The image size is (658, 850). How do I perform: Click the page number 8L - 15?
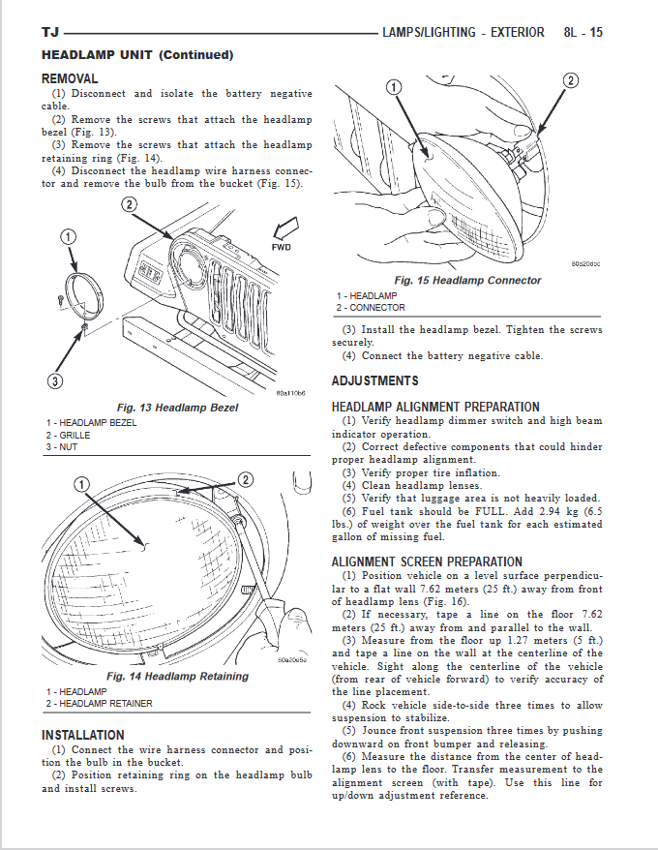tap(583, 32)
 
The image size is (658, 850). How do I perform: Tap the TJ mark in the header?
tap(49, 33)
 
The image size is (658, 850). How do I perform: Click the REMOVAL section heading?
tap(70, 77)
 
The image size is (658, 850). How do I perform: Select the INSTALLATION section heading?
tap(82, 735)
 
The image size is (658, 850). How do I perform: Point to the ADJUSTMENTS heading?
tap(375, 380)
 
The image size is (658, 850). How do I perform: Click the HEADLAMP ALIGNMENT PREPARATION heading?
tap(435, 407)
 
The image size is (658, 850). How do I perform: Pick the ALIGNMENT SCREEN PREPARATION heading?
tap(427, 562)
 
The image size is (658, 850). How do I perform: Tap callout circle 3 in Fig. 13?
tap(55, 381)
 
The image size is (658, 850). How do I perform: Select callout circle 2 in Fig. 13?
tap(129, 204)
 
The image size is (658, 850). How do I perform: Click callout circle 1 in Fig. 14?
tap(82, 483)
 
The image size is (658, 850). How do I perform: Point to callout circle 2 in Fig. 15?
tap(571, 79)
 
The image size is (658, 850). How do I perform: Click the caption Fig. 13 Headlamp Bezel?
tap(177, 408)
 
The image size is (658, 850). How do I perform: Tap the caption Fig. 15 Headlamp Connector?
tap(466, 280)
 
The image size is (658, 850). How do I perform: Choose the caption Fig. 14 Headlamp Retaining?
tap(177, 676)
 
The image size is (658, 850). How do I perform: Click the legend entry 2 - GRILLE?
tap(68, 435)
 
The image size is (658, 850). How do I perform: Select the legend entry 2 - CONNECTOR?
tap(371, 308)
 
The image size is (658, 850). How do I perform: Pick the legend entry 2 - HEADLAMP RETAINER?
tap(99, 704)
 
